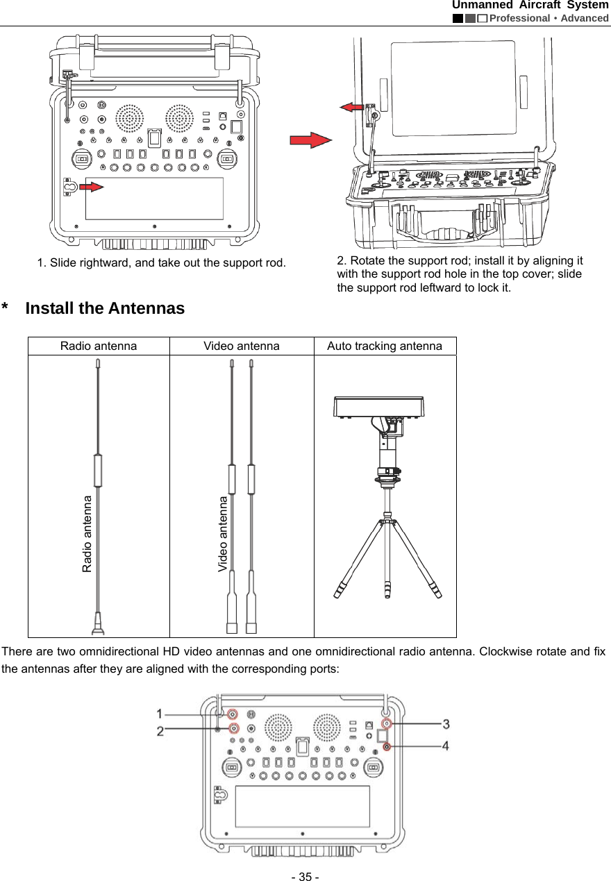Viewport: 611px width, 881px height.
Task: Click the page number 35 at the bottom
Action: [x=305, y=877]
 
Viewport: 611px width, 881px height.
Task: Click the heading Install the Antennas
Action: [x=105, y=308]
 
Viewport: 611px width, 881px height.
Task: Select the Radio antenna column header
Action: [x=99, y=346]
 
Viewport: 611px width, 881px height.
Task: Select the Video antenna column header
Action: [x=242, y=346]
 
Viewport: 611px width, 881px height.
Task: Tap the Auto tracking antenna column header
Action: [x=385, y=346]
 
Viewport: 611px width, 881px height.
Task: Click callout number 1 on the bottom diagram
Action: [x=160, y=713]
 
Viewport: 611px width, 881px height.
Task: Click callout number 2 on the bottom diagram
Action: [x=160, y=730]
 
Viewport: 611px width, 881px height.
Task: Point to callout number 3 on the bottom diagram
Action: [x=446, y=723]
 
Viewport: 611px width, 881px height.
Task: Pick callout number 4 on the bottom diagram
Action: [x=446, y=746]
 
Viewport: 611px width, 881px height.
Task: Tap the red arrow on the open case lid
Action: [x=352, y=106]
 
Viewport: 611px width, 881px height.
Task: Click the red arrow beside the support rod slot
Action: [x=92, y=185]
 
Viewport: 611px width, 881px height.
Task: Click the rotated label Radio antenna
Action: [x=87, y=533]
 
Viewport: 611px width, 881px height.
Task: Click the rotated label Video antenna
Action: [x=223, y=533]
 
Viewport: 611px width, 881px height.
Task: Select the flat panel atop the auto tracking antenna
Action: [x=379, y=407]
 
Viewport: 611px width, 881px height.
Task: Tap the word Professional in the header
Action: [x=519, y=18]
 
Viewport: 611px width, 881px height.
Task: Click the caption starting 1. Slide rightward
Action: [x=161, y=262]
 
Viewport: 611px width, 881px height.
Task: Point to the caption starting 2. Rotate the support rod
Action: [x=460, y=274]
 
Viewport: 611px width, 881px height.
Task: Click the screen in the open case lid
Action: [x=453, y=87]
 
